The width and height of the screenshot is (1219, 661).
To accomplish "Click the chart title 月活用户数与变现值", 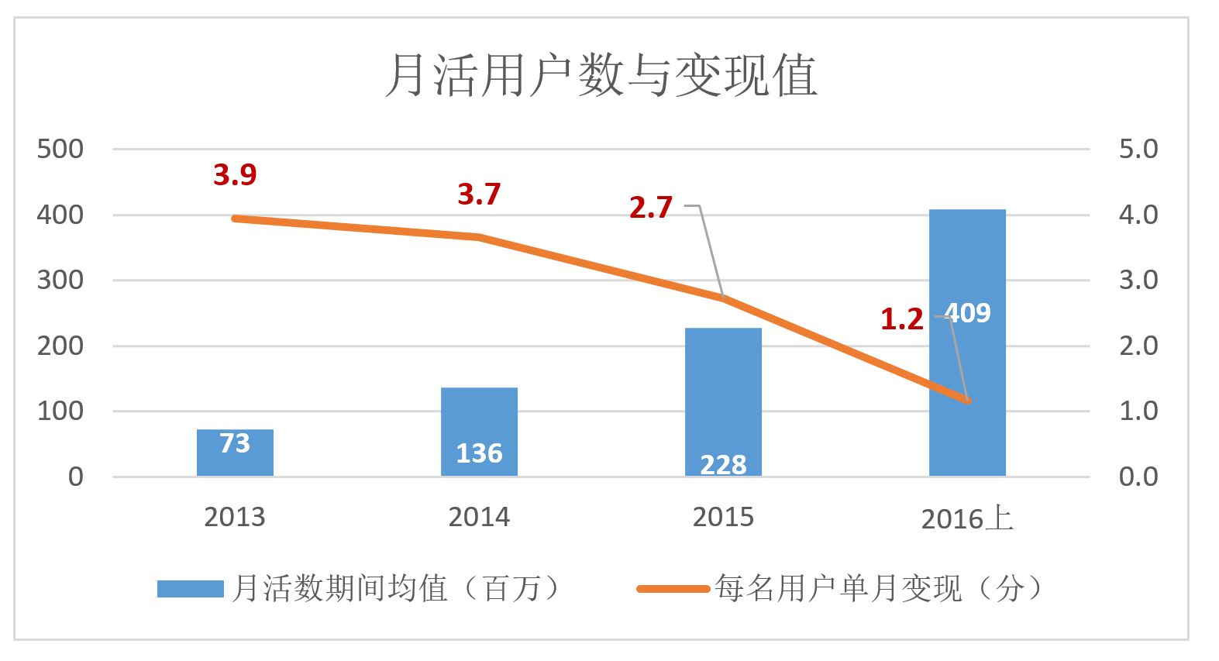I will click(601, 76).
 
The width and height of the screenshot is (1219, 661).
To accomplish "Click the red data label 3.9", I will click(235, 175).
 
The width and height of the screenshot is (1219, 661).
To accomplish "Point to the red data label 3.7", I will click(479, 194).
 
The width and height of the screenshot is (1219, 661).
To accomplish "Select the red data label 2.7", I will click(650, 208).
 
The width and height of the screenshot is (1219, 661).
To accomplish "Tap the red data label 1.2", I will click(901, 319).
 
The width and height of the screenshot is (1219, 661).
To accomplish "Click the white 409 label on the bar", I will click(969, 313).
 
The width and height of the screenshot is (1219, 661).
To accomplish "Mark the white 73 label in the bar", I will click(235, 443).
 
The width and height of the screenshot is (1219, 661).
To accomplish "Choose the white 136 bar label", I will click(479, 453).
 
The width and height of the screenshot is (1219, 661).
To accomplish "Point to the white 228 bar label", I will click(723, 464).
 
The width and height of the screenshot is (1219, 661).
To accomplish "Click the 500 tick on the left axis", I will click(60, 149).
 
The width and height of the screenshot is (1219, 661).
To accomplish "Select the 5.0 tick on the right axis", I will click(1138, 149).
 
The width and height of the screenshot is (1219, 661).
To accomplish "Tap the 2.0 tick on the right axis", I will click(1138, 346).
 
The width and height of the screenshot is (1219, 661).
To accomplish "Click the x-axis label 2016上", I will click(967, 518).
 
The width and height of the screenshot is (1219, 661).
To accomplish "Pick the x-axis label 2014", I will click(479, 517).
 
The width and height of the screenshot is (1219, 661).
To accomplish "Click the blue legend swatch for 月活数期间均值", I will click(190, 589).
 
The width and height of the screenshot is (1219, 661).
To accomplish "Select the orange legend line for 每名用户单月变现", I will click(673, 589).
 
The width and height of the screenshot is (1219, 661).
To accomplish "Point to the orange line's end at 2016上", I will click(967, 400).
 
